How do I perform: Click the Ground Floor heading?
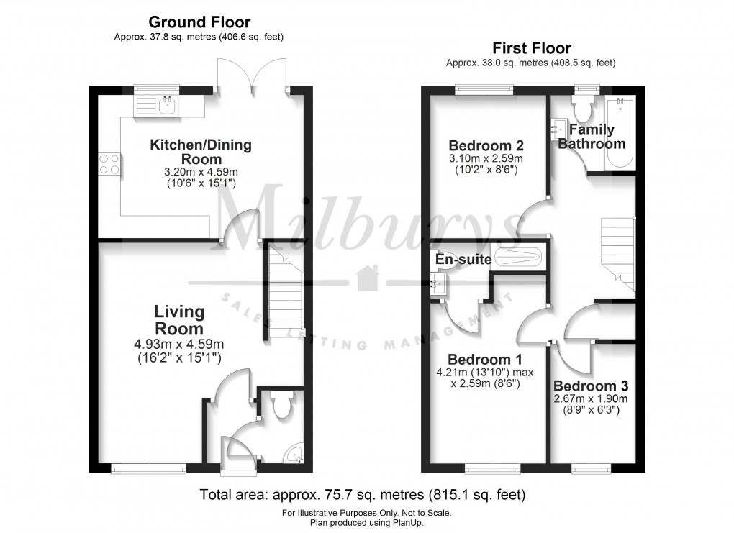click(199, 22)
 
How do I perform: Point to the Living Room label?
click(179, 319)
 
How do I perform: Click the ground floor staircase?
click(284, 291)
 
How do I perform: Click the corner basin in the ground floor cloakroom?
click(296, 455)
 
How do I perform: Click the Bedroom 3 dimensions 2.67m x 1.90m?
click(592, 398)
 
